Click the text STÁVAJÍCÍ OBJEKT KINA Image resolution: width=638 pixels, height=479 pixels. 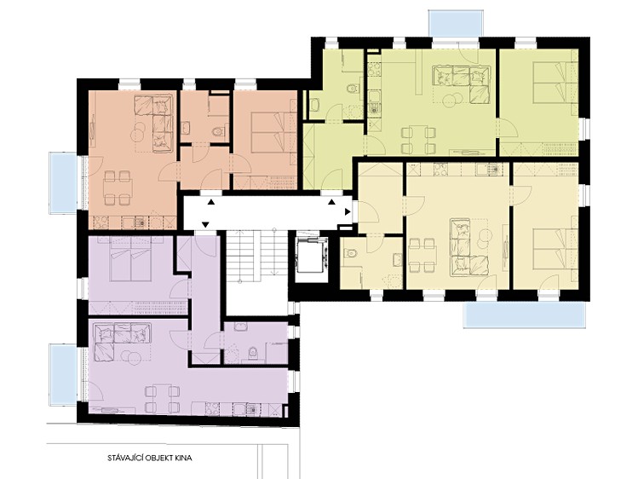pos(150,458)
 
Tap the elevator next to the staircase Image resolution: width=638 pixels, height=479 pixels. pos(312,254)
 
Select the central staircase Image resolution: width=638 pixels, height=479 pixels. pos(256,256)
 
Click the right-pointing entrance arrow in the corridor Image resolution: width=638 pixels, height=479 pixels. pos(348,212)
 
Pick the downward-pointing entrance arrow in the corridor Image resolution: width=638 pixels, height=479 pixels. pos(205,224)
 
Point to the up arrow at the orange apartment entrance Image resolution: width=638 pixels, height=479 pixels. pos(211,202)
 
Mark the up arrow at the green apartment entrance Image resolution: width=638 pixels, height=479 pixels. pos(332,202)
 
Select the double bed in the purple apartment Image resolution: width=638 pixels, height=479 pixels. pos(131,260)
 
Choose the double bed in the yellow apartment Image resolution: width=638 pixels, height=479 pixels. pos(555,250)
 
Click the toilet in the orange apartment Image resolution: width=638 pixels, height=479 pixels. pos(219,131)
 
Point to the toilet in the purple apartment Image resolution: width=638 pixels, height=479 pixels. pos(253,353)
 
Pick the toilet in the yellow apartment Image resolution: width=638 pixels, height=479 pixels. pos(351,254)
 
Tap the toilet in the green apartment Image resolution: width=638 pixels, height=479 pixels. pos(352,88)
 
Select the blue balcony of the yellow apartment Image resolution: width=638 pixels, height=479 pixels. pos(525,315)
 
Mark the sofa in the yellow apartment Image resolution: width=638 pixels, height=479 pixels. pos(460,245)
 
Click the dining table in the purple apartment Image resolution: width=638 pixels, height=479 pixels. pos(163,399)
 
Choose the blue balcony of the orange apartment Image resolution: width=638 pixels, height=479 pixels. pos(63,182)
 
